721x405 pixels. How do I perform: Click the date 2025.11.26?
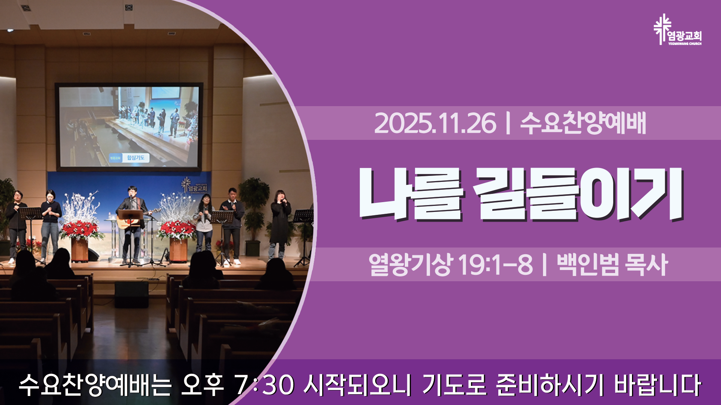(x=435, y=123)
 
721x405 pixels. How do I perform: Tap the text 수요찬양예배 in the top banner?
(x=583, y=123)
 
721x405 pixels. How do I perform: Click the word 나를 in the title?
(x=411, y=194)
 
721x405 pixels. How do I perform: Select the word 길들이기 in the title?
(x=578, y=194)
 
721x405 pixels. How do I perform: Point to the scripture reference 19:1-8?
(x=495, y=265)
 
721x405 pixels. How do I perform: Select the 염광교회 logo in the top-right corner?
(x=677, y=30)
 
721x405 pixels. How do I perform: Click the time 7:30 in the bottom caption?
(x=264, y=385)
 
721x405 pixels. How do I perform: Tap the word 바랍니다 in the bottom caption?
(x=658, y=385)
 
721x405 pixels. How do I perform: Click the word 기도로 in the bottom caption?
(x=454, y=385)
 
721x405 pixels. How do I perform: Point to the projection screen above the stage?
(x=129, y=126)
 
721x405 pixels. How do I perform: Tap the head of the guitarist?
(x=131, y=192)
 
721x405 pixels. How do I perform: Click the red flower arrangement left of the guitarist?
(x=80, y=229)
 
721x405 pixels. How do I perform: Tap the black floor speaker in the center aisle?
(x=131, y=294)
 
